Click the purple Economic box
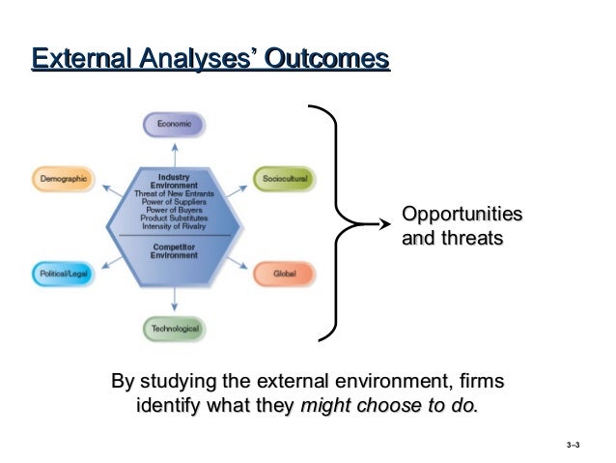(x=175, y=125)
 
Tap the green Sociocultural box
(x=284, y=179)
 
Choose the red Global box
(x=284, y=275)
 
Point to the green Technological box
(x=175, y=329)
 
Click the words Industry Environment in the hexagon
(x=175, y=181)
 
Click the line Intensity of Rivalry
(x=175, y=226)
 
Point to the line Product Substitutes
(x=175, y=218)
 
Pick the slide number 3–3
(x=574, y=447)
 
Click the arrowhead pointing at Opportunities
(x=379, y=224)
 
